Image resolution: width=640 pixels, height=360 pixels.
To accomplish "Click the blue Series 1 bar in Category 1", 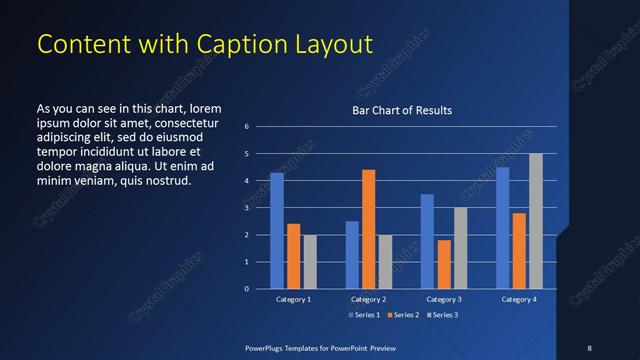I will click(277, 231).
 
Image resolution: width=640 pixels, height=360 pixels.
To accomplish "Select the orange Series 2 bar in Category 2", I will click(369, 229).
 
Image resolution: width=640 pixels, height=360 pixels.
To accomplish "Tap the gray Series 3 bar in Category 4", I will click(536, 221).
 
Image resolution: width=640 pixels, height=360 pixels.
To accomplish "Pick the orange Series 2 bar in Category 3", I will click(444, 264).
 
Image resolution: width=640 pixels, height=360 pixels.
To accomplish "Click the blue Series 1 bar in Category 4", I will click(503, 228).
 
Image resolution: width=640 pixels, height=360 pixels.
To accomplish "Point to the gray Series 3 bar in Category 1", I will click(310, 262).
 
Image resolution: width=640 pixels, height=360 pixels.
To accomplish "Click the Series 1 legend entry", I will click(363, 314).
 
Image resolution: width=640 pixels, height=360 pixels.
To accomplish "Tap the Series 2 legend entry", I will click(402, 314).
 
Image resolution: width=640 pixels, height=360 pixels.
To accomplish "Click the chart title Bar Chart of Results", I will click(402, 110).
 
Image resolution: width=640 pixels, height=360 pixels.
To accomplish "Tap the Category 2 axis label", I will click(369, 299).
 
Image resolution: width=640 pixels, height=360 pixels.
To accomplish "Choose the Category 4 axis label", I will click(519, 299).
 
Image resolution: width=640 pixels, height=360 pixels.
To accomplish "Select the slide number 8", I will click(589, 347).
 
